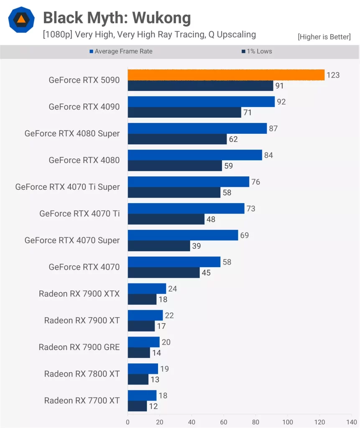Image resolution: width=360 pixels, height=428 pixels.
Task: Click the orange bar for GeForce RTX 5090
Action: (226, 75)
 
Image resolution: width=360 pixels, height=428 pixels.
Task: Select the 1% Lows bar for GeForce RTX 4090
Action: (184, 112)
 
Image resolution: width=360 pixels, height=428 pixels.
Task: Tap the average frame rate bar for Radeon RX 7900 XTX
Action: (147, 288)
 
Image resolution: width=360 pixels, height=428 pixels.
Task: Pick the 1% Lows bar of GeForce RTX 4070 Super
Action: (158, 246)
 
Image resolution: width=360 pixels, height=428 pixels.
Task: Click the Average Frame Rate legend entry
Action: (121, 51)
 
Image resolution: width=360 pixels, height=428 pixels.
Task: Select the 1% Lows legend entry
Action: (256, 51)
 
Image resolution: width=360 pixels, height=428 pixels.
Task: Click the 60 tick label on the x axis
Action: (224, 422)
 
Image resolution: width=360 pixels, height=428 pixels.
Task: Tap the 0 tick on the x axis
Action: (128, 422)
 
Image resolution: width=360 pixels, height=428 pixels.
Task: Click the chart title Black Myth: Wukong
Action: (117, 18)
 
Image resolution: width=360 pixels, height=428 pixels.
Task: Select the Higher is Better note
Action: (324, 37)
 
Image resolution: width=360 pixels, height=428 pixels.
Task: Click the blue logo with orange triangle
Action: (21, 20)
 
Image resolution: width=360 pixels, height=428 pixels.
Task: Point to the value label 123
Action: (333, 75)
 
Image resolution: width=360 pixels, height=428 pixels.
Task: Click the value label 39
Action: (197, 246)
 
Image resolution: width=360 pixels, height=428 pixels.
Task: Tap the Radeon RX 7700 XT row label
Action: (82, 400)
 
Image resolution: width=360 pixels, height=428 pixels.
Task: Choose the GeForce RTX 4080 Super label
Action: (72, 133)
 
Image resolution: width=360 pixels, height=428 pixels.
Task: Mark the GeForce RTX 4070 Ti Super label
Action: (67, 187)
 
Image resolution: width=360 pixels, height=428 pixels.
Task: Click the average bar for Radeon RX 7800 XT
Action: (143, 369)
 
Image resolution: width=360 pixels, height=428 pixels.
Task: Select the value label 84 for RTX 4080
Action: (268, 155)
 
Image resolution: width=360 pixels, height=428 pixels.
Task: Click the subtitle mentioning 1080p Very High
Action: (149, 34)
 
